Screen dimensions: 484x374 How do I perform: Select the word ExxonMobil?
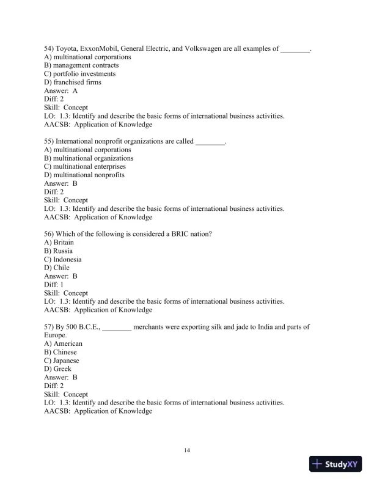108,48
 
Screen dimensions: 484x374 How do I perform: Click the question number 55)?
50,141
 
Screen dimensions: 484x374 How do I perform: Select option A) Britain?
59,242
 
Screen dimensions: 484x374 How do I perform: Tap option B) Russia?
59,251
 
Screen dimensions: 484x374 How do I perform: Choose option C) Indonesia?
63,259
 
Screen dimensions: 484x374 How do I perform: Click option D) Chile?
57,268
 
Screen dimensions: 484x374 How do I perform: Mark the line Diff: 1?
54,284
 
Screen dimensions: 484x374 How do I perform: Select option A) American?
64,343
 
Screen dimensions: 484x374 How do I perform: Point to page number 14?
187,450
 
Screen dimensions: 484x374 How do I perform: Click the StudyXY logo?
337,464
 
